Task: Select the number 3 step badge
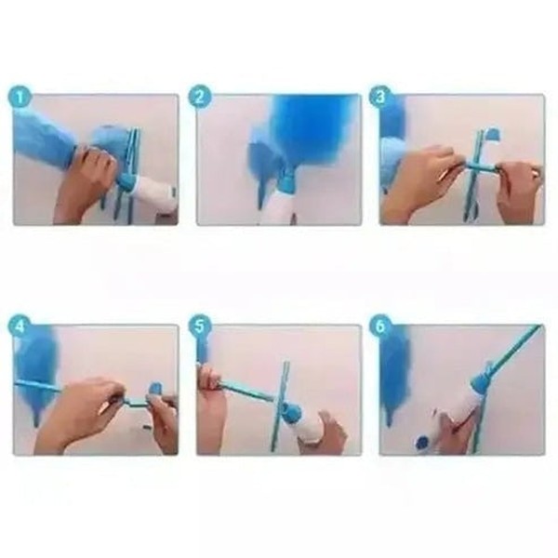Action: coord(380,97)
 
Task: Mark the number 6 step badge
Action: coord(380,327)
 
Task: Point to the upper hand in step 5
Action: coord(212,391)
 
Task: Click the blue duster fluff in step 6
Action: coord(395,372)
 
